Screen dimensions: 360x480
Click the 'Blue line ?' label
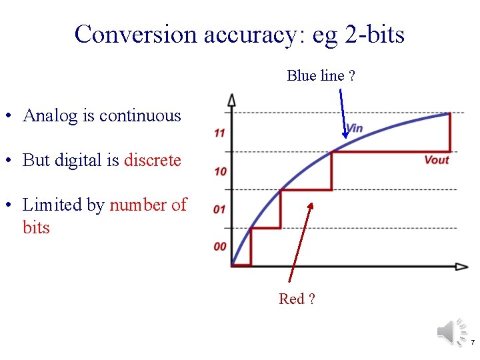321,76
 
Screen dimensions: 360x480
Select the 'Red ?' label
297,299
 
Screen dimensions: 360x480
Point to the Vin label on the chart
354,127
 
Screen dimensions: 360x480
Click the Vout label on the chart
437,159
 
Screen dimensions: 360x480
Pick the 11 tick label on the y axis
219,133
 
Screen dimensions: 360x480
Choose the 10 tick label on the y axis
219,171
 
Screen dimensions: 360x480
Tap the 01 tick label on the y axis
219,209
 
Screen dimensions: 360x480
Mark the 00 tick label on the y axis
219,247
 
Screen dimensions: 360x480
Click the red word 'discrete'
152,160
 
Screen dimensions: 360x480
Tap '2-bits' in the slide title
375,34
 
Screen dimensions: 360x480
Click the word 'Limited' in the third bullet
49,205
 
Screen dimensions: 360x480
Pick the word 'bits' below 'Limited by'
36,227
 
